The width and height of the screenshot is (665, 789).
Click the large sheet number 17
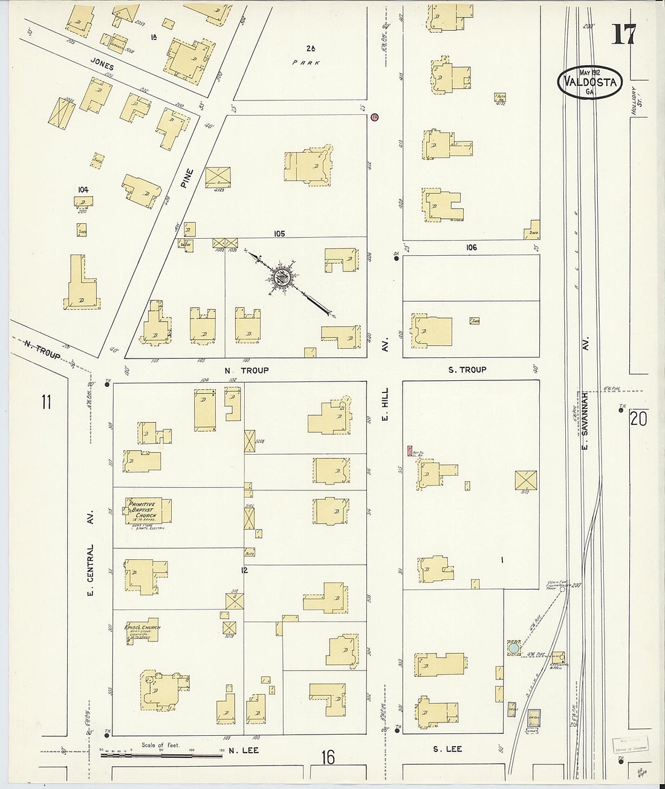point(623,34)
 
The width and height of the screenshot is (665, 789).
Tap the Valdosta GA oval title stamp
point(590,82)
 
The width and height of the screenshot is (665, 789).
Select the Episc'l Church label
point(143,629)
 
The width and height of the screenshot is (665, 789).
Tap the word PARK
point(306,62)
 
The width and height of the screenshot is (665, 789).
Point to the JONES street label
point(102,63)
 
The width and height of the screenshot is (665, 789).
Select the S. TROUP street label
point(467,369)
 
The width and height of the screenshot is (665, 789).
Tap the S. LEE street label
point(447,749)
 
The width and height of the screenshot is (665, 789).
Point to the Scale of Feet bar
point(161,755)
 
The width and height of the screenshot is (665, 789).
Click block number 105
point(279,233)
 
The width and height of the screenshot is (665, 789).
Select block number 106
point(471,247)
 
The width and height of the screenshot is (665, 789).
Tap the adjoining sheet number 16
point(328,757)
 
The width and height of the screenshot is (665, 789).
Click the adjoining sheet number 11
point(46,401)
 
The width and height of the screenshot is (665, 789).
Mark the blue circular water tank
point(513,648)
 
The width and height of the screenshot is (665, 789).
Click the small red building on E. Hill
point(410,450)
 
